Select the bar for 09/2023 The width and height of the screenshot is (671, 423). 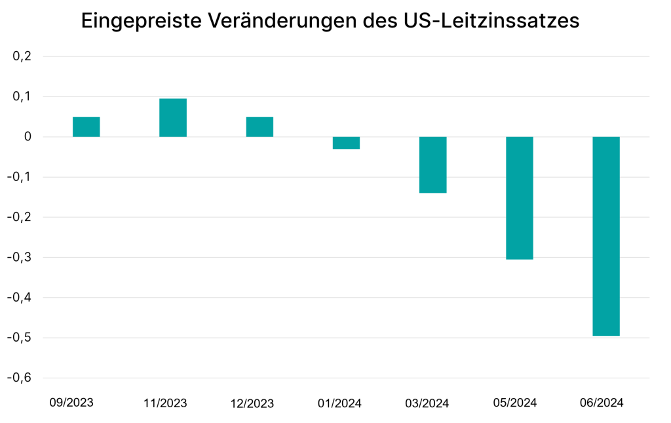[x=86, y=127]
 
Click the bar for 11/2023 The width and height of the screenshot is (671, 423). [x=173, y=117]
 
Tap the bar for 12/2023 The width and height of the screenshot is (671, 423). [x=259, y=127]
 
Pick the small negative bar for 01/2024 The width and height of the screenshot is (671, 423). [x=346, y=143]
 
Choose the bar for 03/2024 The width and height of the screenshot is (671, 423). [x=432, y=165]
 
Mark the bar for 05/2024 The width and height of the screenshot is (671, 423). [x=520, y=197]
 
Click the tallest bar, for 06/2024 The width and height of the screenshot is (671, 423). [x=606, y=236]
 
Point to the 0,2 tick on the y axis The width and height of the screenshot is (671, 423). [x=22, y=56]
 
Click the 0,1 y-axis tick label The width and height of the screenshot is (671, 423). [x=22, y=96]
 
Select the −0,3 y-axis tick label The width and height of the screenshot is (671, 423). [x=20, y=257]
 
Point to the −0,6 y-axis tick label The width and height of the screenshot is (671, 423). [x=20, y=378]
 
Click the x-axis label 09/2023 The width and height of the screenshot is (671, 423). [x=71, y=402]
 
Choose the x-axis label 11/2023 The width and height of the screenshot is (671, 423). [x=165, y=403]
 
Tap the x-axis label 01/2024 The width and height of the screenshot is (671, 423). [x=339, y=403]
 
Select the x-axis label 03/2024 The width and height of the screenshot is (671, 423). [x=427, y=403]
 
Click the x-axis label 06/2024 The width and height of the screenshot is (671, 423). [x=602, y=403]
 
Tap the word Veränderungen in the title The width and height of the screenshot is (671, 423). [x=282, y=20]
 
